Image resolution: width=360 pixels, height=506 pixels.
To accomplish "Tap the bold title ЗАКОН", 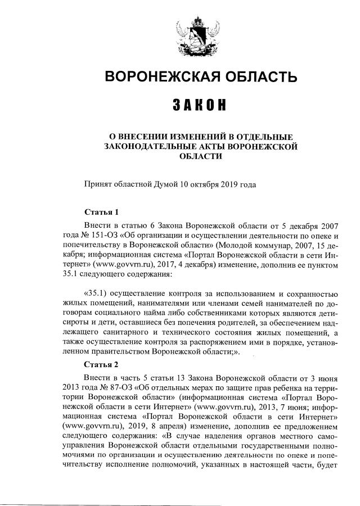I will click(200, 106).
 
